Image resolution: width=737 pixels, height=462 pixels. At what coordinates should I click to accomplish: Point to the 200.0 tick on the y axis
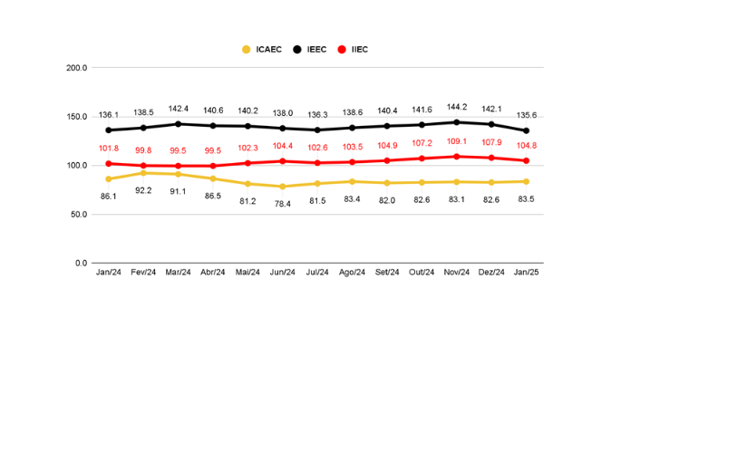tap(76, 68)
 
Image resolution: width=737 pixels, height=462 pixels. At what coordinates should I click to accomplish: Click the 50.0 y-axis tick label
tap(78, 215)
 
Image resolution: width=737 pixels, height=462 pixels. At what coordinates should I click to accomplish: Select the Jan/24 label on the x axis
tap(109, 272)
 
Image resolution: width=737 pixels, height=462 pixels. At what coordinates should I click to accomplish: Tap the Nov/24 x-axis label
tap(457, 272)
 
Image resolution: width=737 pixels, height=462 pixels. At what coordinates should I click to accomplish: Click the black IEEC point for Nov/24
tap(457, 122)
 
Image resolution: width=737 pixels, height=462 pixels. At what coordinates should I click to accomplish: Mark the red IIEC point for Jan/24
tap(109, 164)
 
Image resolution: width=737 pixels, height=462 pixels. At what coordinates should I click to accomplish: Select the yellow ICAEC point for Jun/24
tap(283, 187)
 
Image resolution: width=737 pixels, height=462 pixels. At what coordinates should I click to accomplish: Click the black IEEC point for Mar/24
tap(179, 124)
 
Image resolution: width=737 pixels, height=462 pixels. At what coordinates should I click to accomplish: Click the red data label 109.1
tap(457, 141)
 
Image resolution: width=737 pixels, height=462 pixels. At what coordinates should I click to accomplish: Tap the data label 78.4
tap(283, 204)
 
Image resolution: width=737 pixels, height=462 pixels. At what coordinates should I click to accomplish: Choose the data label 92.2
tap(143, 190)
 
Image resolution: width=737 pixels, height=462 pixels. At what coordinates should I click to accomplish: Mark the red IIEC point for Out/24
tap(422, 159)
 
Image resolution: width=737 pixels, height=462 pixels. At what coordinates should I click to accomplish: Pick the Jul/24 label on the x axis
tap(318, 272)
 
